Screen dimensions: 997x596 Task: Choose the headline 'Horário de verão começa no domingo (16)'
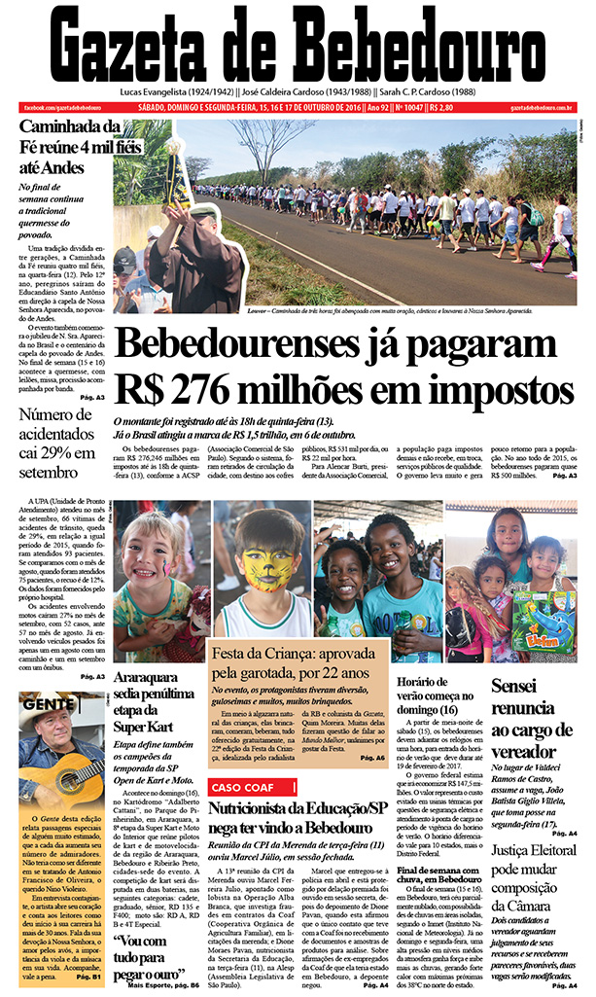coord(438,694)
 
